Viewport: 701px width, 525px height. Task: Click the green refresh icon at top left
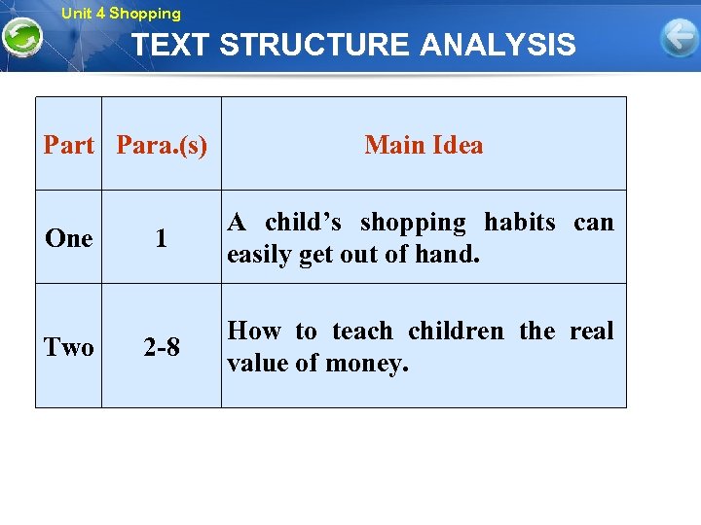tap(21, 38)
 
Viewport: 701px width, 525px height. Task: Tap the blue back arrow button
tap(678, 39)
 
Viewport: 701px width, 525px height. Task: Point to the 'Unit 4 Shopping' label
tap(121, 14)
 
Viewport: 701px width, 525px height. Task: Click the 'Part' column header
tap(69, 146)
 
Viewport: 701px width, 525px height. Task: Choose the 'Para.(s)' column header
tap(162, 146)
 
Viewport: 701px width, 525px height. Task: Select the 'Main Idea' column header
tap(424, 146)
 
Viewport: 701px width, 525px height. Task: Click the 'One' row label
tap(69, 238)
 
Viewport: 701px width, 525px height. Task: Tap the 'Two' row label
tap(69, 347)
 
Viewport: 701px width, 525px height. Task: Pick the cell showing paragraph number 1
tap(162, 239)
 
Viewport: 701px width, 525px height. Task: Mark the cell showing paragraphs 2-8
tap(162, 347)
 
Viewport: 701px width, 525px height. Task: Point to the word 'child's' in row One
tap(303, 223)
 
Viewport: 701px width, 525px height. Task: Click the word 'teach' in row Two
tap(362, 332)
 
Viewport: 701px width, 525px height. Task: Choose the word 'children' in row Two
tap(456, 332)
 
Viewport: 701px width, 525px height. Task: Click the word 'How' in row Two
tap(253, 332)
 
